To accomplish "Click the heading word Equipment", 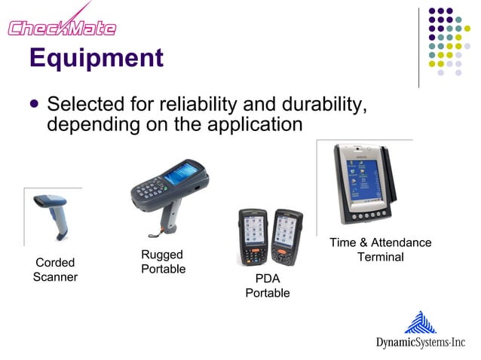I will point(96,58).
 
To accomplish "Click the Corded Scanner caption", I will point(55,270).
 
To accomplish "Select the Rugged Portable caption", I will point(163,262).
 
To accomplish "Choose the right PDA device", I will point(287,236).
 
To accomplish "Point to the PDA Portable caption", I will point(267,285).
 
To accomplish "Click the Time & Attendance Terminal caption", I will point(380,249).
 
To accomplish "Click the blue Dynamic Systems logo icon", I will point(420,323).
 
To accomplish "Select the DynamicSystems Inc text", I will point(421,343).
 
